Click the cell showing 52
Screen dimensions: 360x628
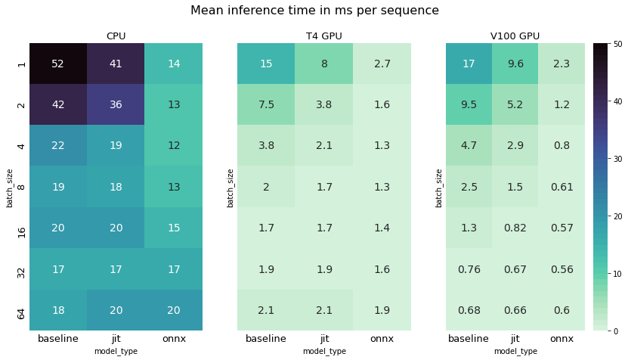[58, 64]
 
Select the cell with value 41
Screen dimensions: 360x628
[116, 64]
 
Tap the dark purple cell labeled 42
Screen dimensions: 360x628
[58, 105]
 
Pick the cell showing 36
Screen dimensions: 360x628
[116, 105]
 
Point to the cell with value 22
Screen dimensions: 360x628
[58, 146]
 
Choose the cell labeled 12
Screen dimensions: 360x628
[174, 146]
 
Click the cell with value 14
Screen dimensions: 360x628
[174, 64]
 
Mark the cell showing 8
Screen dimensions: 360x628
[324, 64]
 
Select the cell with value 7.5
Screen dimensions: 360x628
[266, 105]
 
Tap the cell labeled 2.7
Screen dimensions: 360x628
[382, 64]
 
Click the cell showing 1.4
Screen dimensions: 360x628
[382, 228]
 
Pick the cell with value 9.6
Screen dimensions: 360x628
[515, 64]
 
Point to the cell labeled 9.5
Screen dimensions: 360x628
[469, 105]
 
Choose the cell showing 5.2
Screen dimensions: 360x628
[515, 105]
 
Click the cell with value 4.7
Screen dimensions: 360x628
[469, 146]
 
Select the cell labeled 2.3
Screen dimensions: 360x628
[561, 64]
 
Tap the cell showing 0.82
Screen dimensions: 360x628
[515, 228]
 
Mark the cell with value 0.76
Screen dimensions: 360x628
[469, 269]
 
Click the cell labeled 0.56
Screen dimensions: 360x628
[561, 269]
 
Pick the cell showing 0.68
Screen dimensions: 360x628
[469, 310]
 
